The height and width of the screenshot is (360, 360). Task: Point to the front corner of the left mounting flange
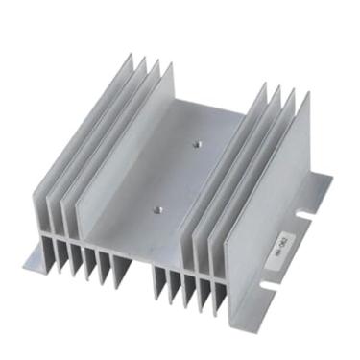point(26,260)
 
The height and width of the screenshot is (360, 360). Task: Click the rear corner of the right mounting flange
point(331,179)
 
